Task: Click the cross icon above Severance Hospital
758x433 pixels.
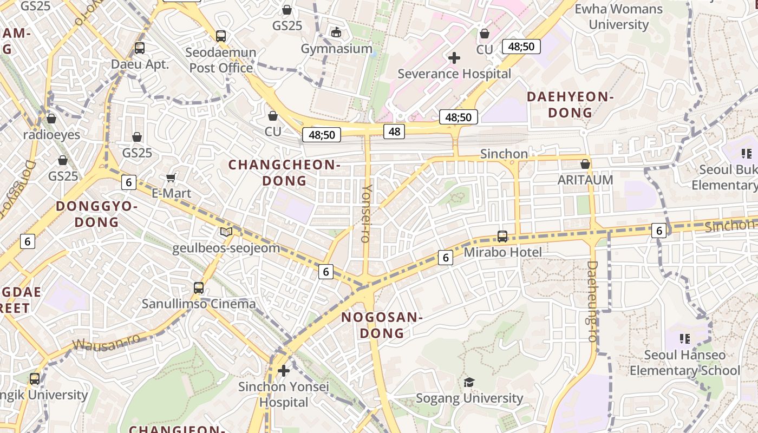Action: pyautogui.click(x=454, y=58)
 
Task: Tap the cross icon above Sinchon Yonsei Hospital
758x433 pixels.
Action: pyautogui.click(x=283, y=371)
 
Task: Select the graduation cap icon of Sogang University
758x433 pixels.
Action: pyautogui.click(x=469, y=383)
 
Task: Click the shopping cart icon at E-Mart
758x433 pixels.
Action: pyautogui.click(x=171, y=178)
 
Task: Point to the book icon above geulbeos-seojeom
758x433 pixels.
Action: pyautogui.click(x=226, y=232)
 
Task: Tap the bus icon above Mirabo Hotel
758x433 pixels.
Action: pyautogui.click(x=502, y=237)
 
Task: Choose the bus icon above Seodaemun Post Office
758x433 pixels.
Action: pyautogui.click(x=221, y=36)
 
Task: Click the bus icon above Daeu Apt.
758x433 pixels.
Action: pyautogui.click(x=140, y=48)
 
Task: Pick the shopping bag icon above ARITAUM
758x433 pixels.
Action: pyautogui.click(x=585, y=163)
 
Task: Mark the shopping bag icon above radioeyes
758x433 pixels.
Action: pyautogui.click(x=51, y=119)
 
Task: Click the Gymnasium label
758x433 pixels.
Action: pyautogui.click(x=337, y=49)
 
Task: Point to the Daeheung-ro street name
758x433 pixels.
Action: pyautogui.click(x=592, y=301)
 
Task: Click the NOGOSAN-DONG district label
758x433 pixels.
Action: pyautogui.click(x=382, y=325)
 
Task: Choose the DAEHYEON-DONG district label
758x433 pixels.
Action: pyautogui.click(x=570, y=104)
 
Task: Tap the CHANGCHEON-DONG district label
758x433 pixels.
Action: pyautogui.click(x=284, y=173)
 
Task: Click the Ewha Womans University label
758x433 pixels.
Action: pyautogui.click(x=618, y=17)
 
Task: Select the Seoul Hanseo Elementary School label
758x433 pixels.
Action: pyautogui.click(x=684, y=363)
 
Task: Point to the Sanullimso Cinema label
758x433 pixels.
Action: pyautogui.click(x=199, y=304)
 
